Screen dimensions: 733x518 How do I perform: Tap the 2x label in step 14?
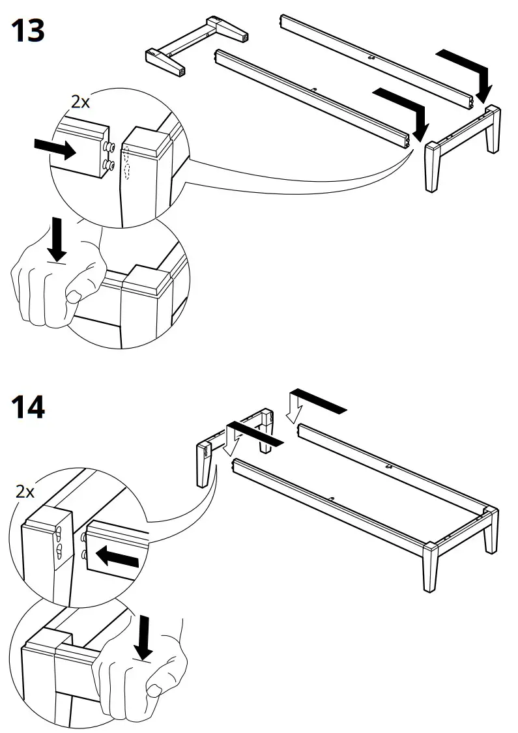tap(25, 491)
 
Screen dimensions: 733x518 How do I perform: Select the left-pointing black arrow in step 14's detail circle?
tap(117, 557)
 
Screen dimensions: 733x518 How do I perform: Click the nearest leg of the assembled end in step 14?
tap(431, 567)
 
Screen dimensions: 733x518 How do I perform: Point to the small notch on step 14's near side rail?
tap(331, 500)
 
